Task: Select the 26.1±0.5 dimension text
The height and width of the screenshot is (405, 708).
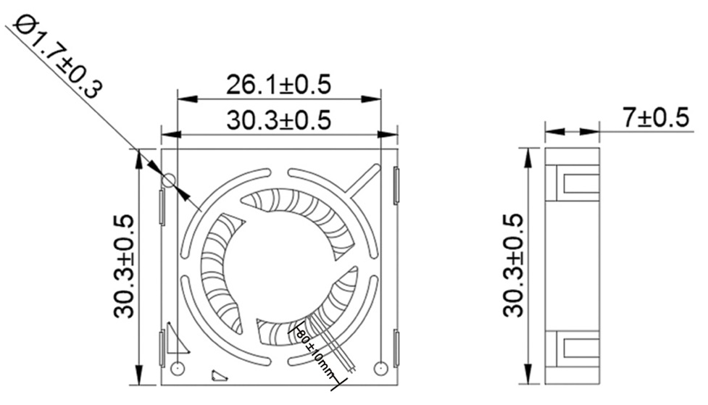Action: [279, 85]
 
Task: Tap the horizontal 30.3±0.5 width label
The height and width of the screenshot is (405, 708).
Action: [279, 120]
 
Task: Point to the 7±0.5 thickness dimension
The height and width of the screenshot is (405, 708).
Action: [655, 117]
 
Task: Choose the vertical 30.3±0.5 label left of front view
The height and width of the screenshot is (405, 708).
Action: [124, 266]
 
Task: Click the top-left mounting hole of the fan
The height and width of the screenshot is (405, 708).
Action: [169, 180]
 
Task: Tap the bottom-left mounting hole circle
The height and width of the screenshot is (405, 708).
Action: [178, 369]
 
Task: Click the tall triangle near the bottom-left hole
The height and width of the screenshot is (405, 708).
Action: [174, 338]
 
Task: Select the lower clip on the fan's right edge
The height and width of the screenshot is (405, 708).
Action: [396, 348]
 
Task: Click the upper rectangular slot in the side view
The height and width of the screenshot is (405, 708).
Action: [580, 183]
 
